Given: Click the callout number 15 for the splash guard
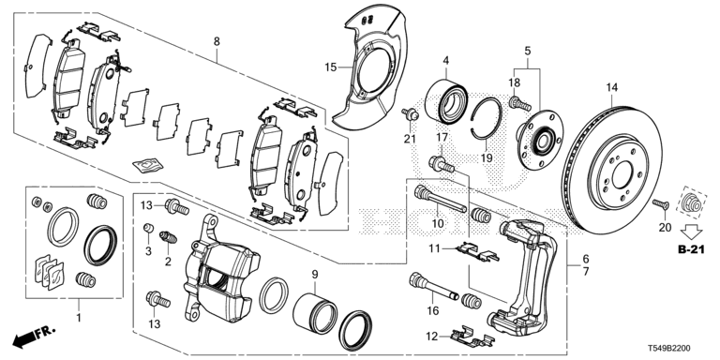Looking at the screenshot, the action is [331, 67].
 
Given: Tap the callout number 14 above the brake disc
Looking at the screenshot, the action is [612, 87].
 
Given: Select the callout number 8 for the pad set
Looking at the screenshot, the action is [217, 42].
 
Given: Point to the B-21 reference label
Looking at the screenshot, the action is [691, 249].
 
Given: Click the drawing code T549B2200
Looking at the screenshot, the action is [669, 349].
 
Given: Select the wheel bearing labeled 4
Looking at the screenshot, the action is [446, 101].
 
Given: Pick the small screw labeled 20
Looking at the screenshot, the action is [660, 205].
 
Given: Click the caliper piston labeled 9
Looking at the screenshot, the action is [315, 312].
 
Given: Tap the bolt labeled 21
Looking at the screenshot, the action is [410, 113].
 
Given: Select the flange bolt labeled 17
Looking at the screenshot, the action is [442, 164].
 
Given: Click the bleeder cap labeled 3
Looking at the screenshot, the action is [148, 228].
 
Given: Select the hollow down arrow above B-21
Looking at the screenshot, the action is [691, 229].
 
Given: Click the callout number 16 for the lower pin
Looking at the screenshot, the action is [433, 311].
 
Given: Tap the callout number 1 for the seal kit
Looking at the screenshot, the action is [78, 317].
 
